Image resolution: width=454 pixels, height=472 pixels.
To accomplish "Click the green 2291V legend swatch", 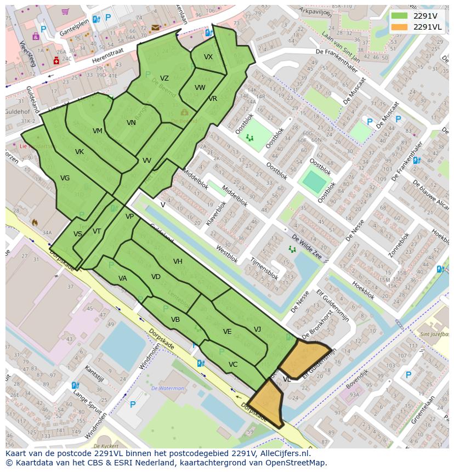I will click(x=399, y=15).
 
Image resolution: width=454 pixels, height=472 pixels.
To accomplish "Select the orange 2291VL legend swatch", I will click(x=399, y=27).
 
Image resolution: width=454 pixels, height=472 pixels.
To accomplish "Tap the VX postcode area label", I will click(x=208, y=57).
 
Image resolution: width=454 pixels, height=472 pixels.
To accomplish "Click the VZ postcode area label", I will click(x=164, y=78).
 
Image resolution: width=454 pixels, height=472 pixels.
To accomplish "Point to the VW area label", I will click(x=200, y=88).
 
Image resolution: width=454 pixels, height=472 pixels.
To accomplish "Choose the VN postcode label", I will click(x=131, y=123).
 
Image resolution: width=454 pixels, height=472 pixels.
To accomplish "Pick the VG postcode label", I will click(x=65, y=178).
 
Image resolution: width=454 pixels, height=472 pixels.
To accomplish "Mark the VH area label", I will click(x=178, y=261).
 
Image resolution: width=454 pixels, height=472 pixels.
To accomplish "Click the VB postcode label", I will click(x=175, y=320).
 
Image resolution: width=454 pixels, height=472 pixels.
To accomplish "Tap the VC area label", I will click(x=233, y=365).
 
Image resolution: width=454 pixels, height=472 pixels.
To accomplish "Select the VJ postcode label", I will click(x=258, y=329).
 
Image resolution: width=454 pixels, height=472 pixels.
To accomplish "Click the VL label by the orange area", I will click(x=287, y=379).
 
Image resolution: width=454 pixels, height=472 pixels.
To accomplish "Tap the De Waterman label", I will click(x=168, y=388).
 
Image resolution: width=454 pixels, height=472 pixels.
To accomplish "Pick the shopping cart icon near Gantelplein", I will click(x=66, y=11).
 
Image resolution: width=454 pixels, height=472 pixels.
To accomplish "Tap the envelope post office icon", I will click(x=156, y=27).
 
